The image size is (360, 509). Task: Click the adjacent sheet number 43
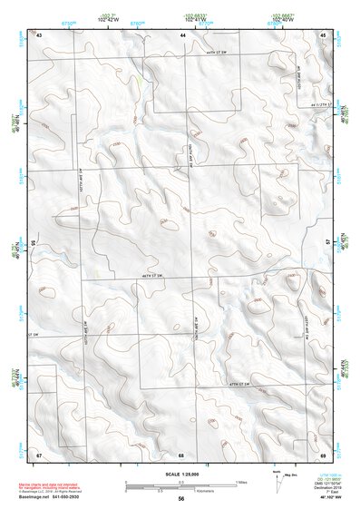click(x=39, y=34)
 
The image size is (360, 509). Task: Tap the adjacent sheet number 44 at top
click(x=182, y=34)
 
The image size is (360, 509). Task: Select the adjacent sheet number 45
click(x=323, y=34)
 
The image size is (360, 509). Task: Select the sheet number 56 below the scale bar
click(x=181, y=498)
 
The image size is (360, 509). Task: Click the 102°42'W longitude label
click(x=109, y=19)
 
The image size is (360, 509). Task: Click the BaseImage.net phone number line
click(x=56, y=498)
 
